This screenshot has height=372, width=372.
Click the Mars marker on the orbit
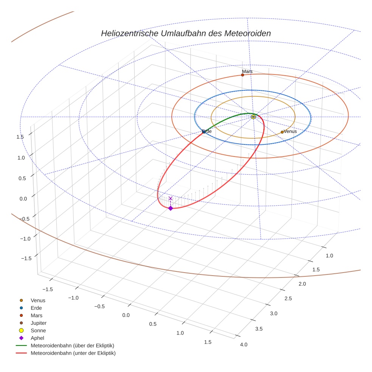[242, 75]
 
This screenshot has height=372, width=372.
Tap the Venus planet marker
[282, 132]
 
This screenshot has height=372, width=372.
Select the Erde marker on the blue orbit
[204, 132]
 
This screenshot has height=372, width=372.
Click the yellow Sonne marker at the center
[253, 117]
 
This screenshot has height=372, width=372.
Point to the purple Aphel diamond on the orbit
[170, 208]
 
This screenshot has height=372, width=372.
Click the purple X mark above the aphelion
[170, 198]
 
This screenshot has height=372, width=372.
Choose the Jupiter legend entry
[39, 323]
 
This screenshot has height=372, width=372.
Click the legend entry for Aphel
[37, 338]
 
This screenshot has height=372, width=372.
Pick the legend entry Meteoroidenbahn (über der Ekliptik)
[72, 346]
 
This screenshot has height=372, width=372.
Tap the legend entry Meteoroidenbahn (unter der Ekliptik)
[73, 353]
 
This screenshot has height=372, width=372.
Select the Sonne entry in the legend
[38, 330]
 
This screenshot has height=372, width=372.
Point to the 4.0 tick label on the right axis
[243, 344]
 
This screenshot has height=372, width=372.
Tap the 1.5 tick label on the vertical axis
[20, 137]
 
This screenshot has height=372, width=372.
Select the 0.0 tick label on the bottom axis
[126, 315]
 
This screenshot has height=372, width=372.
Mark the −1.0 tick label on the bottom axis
[73, 298]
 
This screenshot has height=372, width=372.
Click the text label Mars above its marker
[247, 71]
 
